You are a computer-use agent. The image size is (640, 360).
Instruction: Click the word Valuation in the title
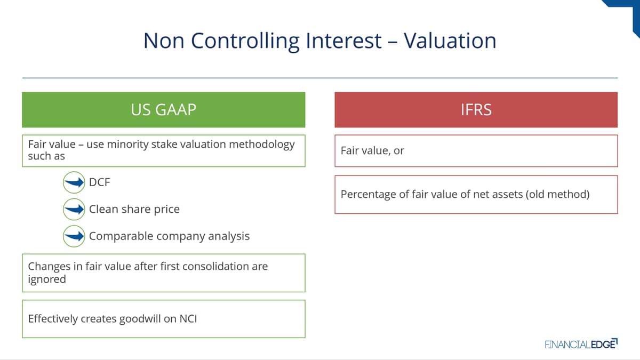pos(450,41)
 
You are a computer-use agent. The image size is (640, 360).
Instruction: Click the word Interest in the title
pos(343,41)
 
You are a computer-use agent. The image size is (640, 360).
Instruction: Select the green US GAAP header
pos(163,110)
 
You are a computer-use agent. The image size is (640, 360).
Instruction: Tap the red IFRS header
pos(476,110)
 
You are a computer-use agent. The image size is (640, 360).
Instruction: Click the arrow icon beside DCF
pos(74,182)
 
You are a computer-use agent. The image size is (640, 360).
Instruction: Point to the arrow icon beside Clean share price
pos(74,210)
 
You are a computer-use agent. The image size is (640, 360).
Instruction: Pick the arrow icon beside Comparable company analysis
pos(74,236)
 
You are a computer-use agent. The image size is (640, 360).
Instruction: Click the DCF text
pos(99,182)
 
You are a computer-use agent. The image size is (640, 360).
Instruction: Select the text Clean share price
pos(134,209)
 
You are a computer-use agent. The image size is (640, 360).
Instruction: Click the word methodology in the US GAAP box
pos(262,145)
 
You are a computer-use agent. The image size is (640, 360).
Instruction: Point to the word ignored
pos(47,279)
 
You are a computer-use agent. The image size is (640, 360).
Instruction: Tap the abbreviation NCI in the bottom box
pos(188,318)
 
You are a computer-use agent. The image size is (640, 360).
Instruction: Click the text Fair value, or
pos(372,150)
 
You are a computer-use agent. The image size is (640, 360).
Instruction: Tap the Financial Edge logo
pos(581,344)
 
